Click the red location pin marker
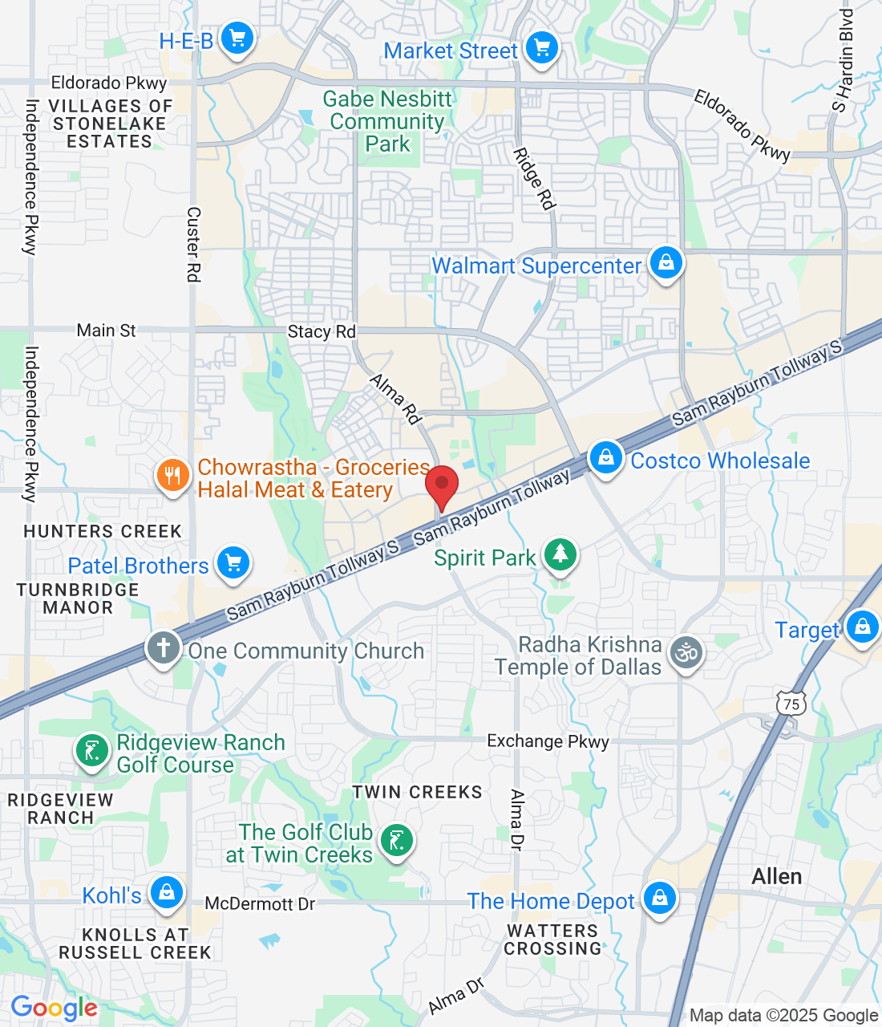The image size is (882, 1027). (441, 486)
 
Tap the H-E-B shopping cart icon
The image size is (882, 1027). (237, 38)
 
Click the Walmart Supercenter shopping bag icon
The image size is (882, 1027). (666, 262)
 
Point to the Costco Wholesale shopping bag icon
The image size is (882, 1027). (606, 458)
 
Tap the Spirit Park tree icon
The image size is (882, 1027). (560, 554)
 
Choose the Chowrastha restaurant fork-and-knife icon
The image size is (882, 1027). (172, 476)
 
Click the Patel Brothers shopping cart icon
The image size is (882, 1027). (233, 562)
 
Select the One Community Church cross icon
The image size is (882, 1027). (164, 647)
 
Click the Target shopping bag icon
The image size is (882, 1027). (862, 627)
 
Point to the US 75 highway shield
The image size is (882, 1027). (791, 704)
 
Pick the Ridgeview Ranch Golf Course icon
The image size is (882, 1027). (92, 752)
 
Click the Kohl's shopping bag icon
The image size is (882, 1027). (167, 892)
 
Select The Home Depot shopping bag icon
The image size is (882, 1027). (659, 898)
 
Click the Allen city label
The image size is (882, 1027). (776, 876)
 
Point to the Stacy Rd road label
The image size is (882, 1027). (322, 331)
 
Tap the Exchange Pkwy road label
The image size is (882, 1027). (548, 741)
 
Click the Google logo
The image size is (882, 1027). (54, 1008)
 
